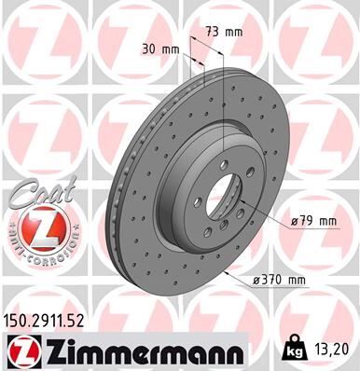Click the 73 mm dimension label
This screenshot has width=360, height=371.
pos(224,32)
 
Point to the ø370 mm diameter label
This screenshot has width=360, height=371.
pos(281,278)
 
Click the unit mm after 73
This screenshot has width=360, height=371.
pos(233,32)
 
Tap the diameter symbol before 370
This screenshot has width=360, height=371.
pos(256,278)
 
